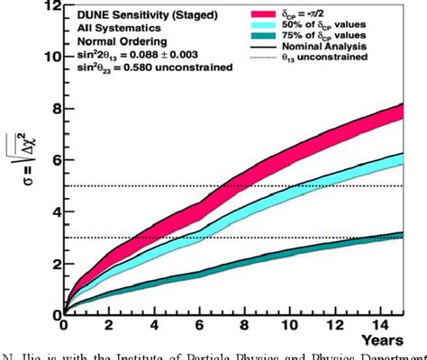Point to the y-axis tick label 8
54,110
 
